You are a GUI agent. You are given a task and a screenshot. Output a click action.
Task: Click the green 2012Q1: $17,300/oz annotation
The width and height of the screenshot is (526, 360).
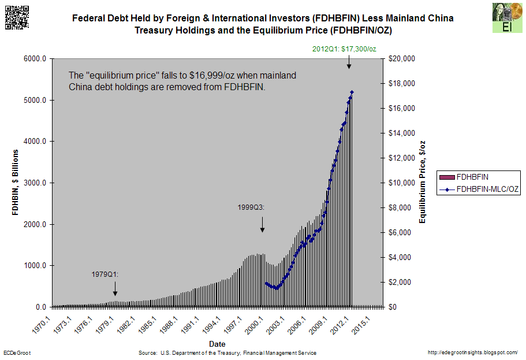click(344, 49)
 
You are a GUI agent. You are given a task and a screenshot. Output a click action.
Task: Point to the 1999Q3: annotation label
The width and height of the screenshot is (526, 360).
click(251, 206)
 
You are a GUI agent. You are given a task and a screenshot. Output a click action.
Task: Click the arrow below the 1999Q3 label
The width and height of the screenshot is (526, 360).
click(262, 224)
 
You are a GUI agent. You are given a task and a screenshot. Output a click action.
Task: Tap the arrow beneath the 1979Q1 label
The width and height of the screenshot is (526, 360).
click(115, 288)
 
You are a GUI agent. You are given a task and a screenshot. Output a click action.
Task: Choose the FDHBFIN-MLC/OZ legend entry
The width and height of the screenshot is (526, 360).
click(479, 189)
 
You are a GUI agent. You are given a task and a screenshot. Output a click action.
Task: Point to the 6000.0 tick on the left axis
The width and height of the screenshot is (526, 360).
click(35, 59)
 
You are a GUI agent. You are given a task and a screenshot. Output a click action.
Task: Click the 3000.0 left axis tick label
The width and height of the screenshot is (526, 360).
click(35, 183)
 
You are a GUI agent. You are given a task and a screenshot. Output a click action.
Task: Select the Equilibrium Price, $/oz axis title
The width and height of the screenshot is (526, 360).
click(423, 182)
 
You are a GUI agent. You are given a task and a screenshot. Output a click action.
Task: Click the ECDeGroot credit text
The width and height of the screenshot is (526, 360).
click(17, 352)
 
